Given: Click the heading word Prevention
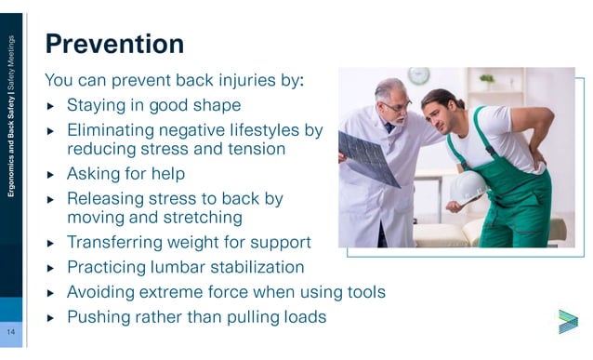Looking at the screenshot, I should click(x=114, y=44).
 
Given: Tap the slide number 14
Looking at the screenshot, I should click(x=11, y=332).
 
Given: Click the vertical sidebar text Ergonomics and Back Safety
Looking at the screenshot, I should click(x=11, y=130).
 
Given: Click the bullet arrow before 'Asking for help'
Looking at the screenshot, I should click(x=51, y=174).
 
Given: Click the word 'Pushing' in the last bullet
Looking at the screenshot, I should click(x=99, y=316).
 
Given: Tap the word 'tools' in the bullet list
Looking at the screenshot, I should click(x=362, y=292).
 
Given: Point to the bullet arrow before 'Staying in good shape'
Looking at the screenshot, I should click(x=51, y=106).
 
